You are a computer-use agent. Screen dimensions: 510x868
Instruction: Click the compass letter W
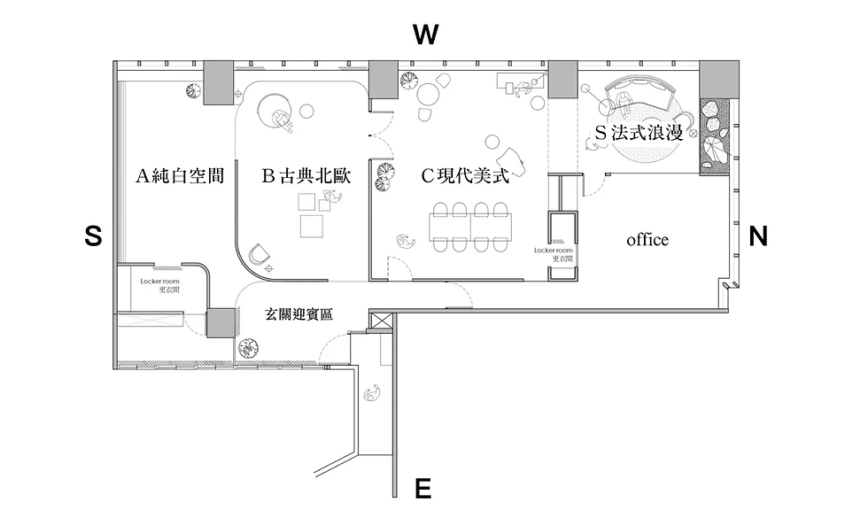[426, 35]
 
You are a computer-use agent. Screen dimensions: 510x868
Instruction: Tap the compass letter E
[423, 488]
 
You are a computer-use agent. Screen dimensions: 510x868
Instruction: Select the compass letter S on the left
[93, 236]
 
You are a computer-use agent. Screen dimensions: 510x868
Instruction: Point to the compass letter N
[758, 236]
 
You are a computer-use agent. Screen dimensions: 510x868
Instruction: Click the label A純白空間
[179, 176]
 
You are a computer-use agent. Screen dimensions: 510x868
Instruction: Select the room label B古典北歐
[306, 176]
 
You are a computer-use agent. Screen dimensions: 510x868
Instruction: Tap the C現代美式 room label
[465, 176]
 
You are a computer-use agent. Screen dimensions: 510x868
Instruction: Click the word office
[647, 240]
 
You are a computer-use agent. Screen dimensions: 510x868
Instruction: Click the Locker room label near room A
[159, 284]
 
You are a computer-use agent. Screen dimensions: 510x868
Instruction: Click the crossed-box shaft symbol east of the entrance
[380, 320]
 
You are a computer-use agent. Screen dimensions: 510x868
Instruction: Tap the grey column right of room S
[716, 81]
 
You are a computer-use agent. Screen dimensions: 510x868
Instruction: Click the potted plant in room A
[191, 89]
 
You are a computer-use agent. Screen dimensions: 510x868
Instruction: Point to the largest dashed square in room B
[312, 227]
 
